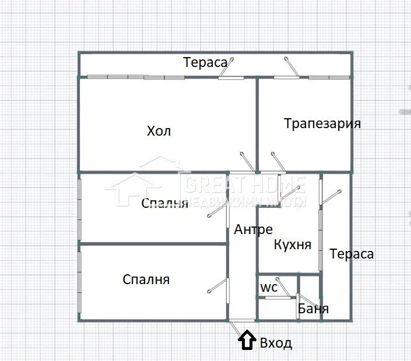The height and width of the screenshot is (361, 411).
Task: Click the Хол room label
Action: pyautogui.click(x=159, y=131)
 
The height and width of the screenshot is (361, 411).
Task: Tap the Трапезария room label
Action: pyautogui.click(x=322, y=123)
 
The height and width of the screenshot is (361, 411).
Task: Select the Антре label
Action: pyautogui.click(x=253, y=230)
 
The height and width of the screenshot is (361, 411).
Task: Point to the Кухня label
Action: pyautogui.click(x=292, y=245)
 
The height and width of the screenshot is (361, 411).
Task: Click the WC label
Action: pyautogui.click(x=268, y=288)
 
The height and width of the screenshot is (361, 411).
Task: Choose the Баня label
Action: pyautogui.click(x=313, y=309)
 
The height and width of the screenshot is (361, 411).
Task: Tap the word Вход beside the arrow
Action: pyautogui.click(x=275, y=343)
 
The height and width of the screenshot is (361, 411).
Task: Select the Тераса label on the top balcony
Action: pyautogui.click(x=205, y=62)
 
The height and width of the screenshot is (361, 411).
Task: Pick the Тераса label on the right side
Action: pyautogui.click(x=352, y=254)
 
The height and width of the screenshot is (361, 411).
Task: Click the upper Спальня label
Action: pyautogui.click(x=165, y=203)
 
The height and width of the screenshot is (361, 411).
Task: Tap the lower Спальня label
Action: pyautogui.click(x=146, y=279)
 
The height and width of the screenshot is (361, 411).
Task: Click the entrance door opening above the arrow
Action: pyautogui.click(x=241, y=320)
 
